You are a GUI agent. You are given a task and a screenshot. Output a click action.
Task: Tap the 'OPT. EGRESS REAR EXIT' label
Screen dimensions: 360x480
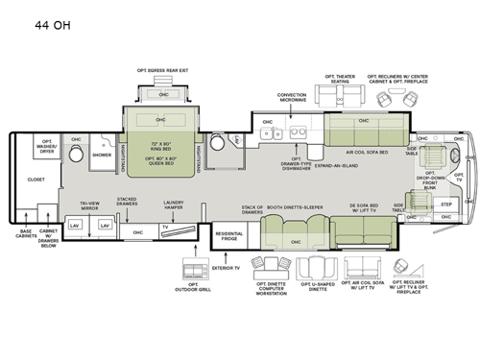tap(161, 70)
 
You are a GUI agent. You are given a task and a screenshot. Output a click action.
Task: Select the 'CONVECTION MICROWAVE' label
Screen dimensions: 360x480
tap(292, 97)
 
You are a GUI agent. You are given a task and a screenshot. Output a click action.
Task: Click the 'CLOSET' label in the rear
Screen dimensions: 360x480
tap(36, 179)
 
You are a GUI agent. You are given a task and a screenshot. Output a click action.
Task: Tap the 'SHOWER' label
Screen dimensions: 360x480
tap(102, 154)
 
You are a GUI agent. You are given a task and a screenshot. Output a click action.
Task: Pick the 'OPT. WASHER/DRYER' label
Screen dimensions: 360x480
tap(45, 150)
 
